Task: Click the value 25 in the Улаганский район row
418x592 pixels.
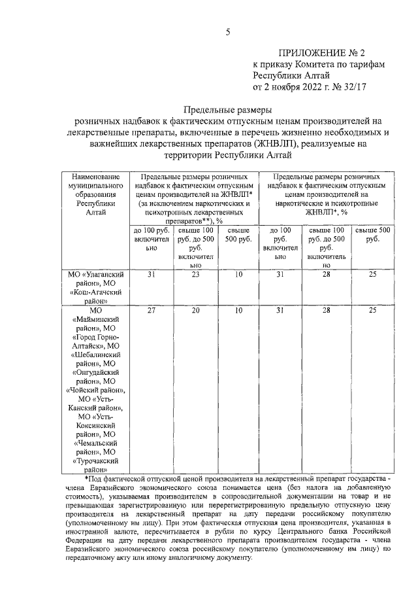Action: click(372, 275)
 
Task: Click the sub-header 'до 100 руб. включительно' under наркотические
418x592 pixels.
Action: click(280, 244)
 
